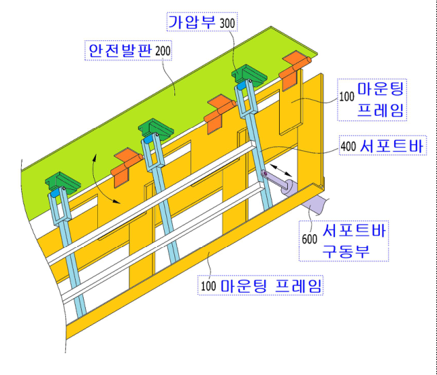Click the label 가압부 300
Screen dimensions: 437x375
point(202,22)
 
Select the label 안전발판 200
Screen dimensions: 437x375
point(128,50)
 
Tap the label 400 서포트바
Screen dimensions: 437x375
point(383,145)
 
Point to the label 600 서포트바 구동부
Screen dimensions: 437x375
point(344,241)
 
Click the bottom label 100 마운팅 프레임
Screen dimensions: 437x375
point(260,285)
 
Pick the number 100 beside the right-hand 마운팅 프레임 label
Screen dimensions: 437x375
point(346,97)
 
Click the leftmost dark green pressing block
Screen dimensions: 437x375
point(63,182)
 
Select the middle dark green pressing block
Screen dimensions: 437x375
point(156,129)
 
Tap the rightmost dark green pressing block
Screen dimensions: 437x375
point(249,75)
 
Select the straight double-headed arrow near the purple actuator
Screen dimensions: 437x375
point(281,170)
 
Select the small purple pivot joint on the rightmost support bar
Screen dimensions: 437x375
point(265,174)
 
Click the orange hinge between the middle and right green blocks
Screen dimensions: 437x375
point(219,112)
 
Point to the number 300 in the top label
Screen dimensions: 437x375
point(227,23)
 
